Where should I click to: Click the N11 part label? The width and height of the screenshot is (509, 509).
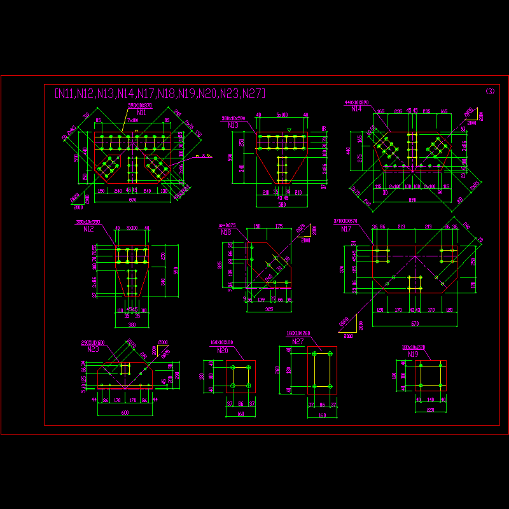[x=141, y=112]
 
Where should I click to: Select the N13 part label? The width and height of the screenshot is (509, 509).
[x=234, y=125]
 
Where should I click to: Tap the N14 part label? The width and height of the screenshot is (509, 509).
[x=356, y=109]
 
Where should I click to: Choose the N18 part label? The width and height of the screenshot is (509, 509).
[x=226, y=232]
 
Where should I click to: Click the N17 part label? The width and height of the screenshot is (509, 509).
[x=346, y=228]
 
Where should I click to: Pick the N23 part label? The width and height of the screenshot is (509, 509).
[x=93, y=349]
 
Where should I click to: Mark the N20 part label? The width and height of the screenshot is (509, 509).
[x=223, y=350]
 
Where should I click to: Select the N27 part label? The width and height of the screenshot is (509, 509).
[x=298, y=342]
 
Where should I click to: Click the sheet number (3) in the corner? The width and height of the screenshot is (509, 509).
[x=490, y=92]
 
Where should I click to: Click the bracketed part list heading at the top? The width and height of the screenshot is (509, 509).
[x=158, y=94]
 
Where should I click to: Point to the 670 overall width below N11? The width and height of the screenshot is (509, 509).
[x=132, y=200]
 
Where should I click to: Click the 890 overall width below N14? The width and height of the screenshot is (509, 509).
[x=412, y=200]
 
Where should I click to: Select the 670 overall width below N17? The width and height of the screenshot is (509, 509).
[x=414, y=324]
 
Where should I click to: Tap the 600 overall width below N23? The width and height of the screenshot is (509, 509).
[x=125, y=413]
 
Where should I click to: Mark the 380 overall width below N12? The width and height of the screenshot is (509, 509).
[x=132, y=324]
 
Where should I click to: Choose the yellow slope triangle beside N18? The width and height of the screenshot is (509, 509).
[x=305, y=237]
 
